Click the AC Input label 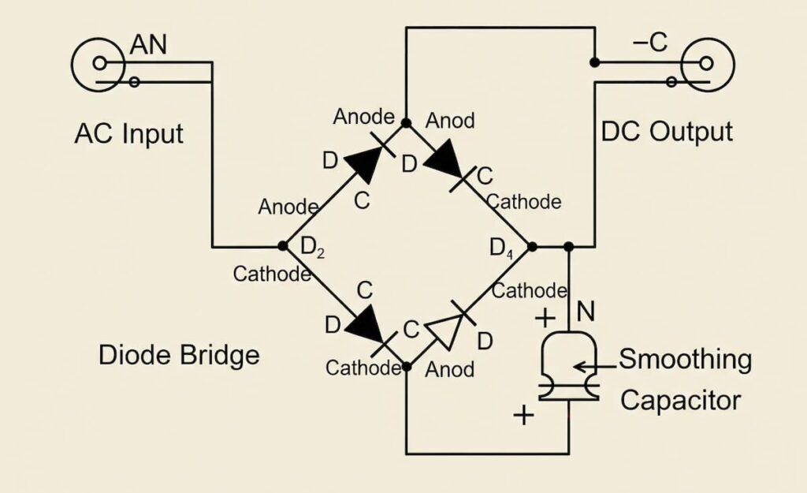tap(128, 133)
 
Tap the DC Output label tap(667, 131)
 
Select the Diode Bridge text tap(179, 355)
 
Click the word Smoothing tap(685, 360)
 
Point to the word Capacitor tap(680, 400)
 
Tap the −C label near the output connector tap(650, 44)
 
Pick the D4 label tap(502, 248)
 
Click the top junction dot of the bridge tap(406, 123)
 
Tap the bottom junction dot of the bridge tap(407, 367)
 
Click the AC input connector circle tap(99, 63)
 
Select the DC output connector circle tap(707, 64)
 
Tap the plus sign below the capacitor tap(523, 415)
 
